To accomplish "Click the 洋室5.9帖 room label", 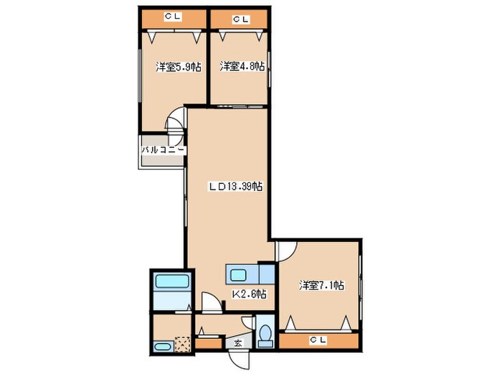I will click(x=178, y=68).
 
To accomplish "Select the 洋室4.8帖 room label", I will click(x=242, y=67).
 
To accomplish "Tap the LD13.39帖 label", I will click(x=235, y=187).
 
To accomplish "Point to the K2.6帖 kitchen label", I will click(x=249, y=294).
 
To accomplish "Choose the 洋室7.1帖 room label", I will click(x=321, y=285).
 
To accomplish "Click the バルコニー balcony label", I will click(x=163, y=150).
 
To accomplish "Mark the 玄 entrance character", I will click(x=238, y=344).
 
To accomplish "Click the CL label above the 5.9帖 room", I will click(x=171, y=15).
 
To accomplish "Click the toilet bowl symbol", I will click(x=265, y=334).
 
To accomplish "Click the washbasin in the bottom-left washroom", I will click(x=163, y=347).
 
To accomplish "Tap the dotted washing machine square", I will click(x=183, y=345).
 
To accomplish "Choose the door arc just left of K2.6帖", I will click(x=210, y=302).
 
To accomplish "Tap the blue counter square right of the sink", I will click(x=266, y=274).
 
